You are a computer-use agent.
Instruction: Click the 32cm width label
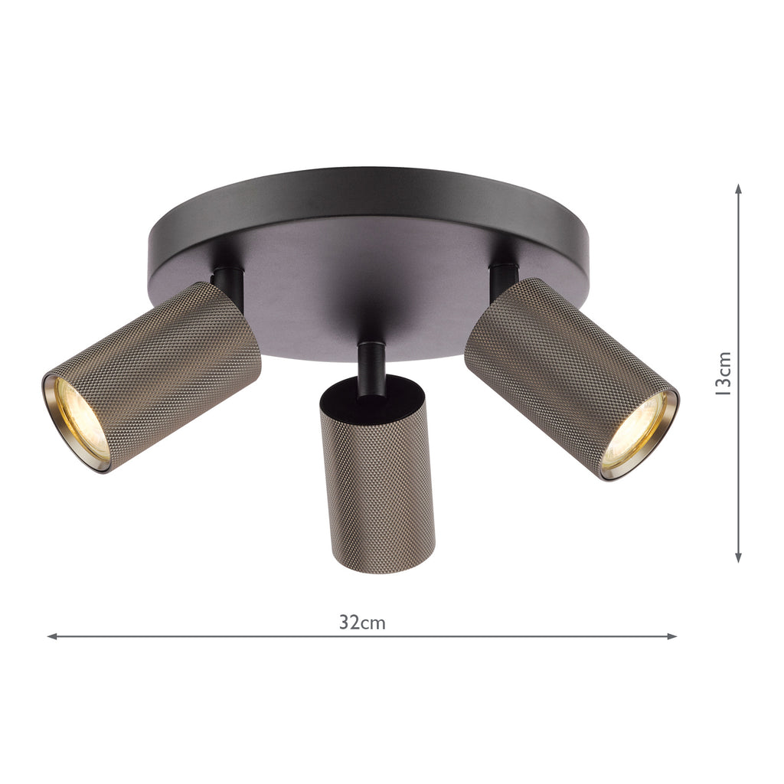tap(362, 622)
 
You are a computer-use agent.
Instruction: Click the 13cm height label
tap(724, 374)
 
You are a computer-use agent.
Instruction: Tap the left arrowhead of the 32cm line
tap(51, 636)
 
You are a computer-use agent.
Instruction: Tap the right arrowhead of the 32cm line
tap(672, 636)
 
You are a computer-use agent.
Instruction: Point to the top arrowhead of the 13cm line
tap(738, 188)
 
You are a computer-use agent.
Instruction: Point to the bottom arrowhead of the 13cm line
tap(738, 557)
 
